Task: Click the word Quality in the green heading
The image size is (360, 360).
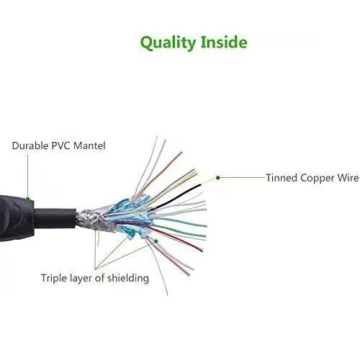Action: point(168,43)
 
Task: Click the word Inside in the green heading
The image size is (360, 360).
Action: point(224,42)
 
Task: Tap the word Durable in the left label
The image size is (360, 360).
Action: point(30,145)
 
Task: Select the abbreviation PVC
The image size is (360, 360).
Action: point(61,145)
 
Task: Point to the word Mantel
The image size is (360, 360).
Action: point(89,145)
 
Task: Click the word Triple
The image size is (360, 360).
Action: point(54,279)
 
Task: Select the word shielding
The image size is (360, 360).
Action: point(128,279)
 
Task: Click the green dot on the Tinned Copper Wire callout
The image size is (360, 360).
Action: point(218,178)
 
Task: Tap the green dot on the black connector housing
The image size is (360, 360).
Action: point(28,199)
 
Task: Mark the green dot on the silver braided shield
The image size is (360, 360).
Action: point(96,228)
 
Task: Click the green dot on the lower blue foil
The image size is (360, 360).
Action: point(133,231)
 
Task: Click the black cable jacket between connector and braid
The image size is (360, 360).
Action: point(55,218)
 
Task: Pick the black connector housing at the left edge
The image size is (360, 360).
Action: point(16,218)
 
